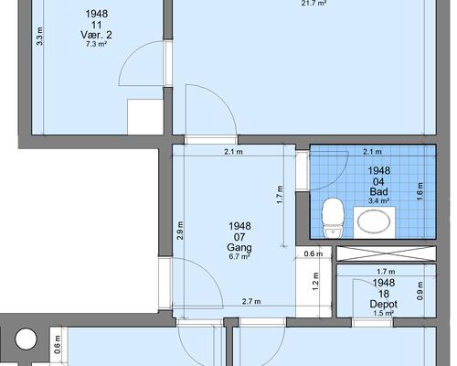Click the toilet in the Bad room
[x=334, y=218]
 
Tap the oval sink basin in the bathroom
[x=374, y=221]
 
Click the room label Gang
[x=239, y=247]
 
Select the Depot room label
[x=383, y=304]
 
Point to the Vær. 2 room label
[x=96, y=35]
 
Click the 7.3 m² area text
[x=96, y=44]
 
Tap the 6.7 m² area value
[x=239, y=256]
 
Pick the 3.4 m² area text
[x=378, y=200]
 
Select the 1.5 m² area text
[x=383, y=313]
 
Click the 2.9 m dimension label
[x=180, y=231]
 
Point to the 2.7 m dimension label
[x=251, y=301]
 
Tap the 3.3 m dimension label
[x=39, y=37]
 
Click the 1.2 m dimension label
[x=315, y=281]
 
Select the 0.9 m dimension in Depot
[x=420, y=291]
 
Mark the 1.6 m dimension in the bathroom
[x=420, y=191]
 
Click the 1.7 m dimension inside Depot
[x=386, y=272]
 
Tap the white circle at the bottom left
[x=26, y=339]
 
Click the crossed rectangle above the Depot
[x=387, y=253]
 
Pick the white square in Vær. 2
[x=145, y=116]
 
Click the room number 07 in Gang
[x=239, y=237]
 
